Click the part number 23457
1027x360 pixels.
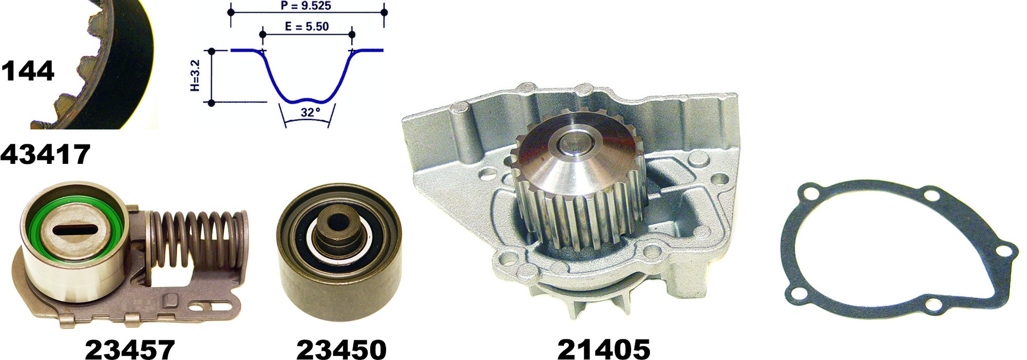click(130, 350)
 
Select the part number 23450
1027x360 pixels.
click(341, 350)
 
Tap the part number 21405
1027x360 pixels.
click(604, 350)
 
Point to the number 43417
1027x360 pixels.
click(45, 154)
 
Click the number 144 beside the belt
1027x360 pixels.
click(27, 71)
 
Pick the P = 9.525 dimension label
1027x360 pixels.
click(306, 6)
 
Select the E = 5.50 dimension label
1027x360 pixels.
click(307, 26)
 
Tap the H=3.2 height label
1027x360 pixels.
click(195, 76)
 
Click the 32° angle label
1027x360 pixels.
click(311, 112)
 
